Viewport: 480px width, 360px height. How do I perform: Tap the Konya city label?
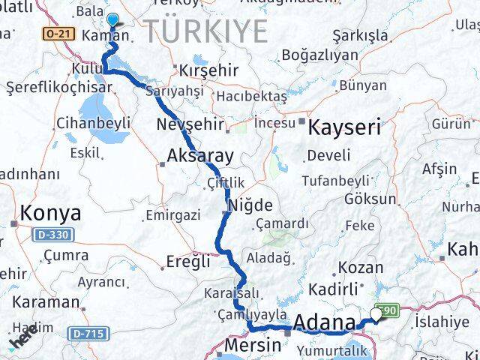[50, 213]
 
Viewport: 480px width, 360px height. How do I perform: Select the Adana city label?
[324, 322]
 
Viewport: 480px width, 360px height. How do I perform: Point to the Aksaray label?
[201, 156]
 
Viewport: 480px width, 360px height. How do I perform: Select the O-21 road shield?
[57, 34]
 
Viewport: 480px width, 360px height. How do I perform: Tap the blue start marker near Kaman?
[112, 20]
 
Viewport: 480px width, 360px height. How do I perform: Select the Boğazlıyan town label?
[318, 55]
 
